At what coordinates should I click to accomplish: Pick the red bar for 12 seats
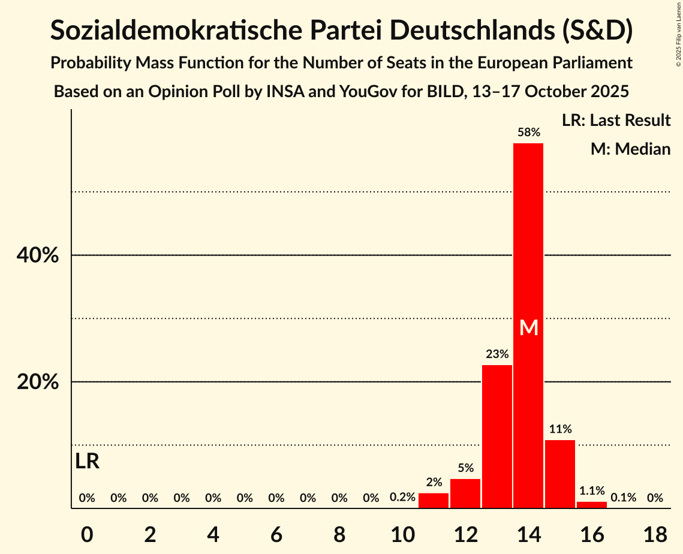(x=465, y=493)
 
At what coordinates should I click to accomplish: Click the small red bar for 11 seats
(x=434, y=501)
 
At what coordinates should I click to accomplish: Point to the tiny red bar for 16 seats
(x=591, y=505)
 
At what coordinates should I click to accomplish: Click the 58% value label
(x=528, y=132)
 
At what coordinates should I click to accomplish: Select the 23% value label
(x=497, y=354)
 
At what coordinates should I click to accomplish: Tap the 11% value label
(x=560, y=429)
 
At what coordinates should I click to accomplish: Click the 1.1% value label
(x=591, y=490)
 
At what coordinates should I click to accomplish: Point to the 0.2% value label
(x=402, y=498)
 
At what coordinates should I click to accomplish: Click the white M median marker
(x=529, y=327)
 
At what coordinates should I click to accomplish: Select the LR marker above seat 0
(x=88, y=462)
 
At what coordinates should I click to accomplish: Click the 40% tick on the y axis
(x=38, y=255)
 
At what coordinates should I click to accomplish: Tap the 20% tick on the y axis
(x=38, y=382)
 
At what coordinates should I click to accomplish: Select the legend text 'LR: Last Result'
(x=616, y=121)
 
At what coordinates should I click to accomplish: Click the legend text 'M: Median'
(x=630, y=149)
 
